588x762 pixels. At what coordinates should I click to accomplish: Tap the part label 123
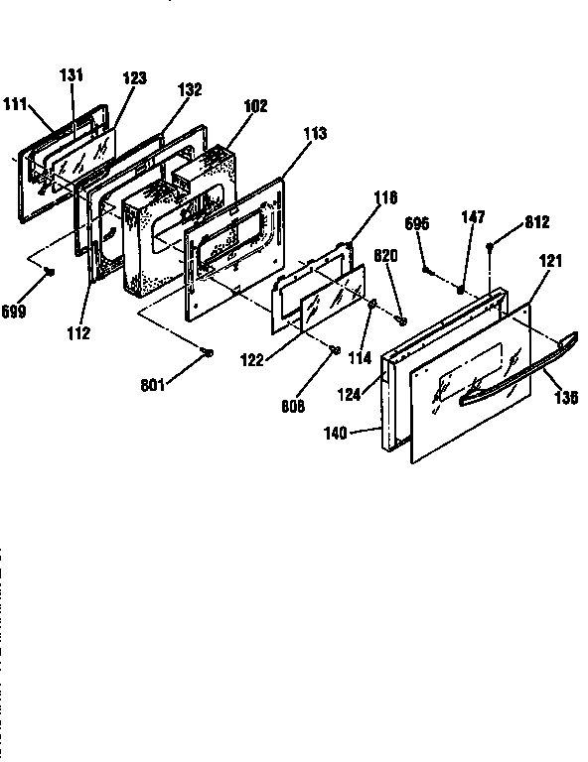134,76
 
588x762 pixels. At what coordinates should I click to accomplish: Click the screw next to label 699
49,270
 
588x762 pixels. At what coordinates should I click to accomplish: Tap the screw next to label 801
207,352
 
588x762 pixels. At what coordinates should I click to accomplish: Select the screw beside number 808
334,348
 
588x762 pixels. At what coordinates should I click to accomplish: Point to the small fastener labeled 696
427,269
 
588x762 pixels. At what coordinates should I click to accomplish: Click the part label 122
250,359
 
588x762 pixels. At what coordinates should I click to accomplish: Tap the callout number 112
78,333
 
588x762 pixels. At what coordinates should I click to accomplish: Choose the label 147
471,218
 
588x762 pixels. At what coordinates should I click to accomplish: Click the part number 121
550,260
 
